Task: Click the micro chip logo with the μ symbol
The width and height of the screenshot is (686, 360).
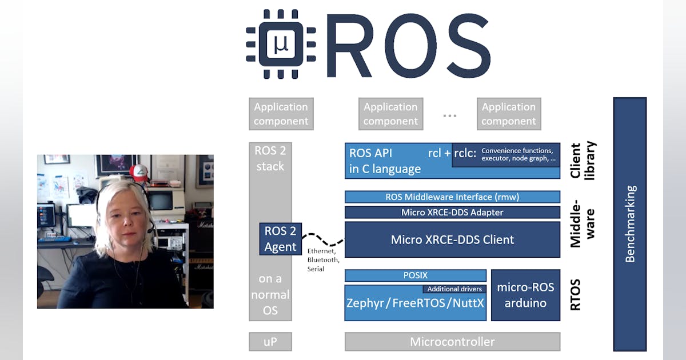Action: pos(281,44)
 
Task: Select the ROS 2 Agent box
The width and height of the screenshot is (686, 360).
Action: pos(280,239)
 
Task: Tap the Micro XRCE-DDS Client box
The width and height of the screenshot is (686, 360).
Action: pos(452,239)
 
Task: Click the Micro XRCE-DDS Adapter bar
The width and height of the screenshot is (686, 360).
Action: pos(452,213)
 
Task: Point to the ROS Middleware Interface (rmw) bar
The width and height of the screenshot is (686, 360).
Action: pos(452,197)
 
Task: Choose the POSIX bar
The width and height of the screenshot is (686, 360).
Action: pos(415,275)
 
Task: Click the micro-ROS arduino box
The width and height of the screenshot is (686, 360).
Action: pos(525,295)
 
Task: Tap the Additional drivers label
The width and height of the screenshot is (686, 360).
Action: pos(454,289)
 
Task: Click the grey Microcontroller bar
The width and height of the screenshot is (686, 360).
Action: pos(452,342)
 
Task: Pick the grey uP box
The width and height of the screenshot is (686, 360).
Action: pos(270,342)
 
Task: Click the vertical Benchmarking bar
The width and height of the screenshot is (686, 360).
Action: pos(629,224)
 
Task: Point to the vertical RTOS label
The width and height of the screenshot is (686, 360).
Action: pos(576,294)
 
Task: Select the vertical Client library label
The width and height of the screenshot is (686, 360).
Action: pos(583,161)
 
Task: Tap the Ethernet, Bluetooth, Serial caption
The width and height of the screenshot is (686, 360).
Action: pos(323,259)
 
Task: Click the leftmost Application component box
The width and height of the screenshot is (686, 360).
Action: pos(281,114)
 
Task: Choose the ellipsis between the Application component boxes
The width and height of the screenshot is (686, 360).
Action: pos(450,115)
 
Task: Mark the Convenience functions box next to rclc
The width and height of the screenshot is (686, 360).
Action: pos(505,155)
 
